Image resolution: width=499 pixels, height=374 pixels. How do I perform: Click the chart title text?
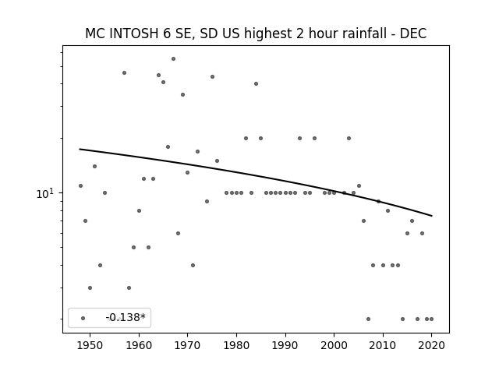pos(256,34)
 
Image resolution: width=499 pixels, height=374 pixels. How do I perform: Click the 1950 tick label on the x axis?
pos(90,345)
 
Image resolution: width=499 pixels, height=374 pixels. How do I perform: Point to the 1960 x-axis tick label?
pos(139,345)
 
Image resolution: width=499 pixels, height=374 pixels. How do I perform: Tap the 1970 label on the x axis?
pos(187,345)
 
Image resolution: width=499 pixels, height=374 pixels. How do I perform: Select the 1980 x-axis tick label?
pos(236,345)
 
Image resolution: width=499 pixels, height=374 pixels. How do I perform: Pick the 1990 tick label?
pos(285,345)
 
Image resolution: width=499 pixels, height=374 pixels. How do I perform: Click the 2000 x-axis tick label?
pos(334,345)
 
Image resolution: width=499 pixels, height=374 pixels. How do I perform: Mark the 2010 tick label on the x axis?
pos(383,345)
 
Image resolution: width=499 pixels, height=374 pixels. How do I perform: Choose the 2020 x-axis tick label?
pos(431,345)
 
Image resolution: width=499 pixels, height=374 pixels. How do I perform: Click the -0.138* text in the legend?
pos(126,317)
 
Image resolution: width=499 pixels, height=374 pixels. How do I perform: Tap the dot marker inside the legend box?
pos(83,318)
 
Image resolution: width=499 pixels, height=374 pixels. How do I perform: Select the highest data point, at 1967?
pos(173,59)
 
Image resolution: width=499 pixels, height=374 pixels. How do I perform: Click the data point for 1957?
pos(125,72)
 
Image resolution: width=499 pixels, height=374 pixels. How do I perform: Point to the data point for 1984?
pos(257,83)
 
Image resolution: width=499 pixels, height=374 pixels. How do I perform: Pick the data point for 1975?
pos(212,76)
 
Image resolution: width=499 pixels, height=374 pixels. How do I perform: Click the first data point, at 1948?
pos(80,185)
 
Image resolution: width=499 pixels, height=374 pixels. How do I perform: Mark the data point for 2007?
pos(368,319)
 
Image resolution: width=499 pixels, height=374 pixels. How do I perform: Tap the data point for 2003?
pos(349,139)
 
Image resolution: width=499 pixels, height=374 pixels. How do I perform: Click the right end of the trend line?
pos(432,216)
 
